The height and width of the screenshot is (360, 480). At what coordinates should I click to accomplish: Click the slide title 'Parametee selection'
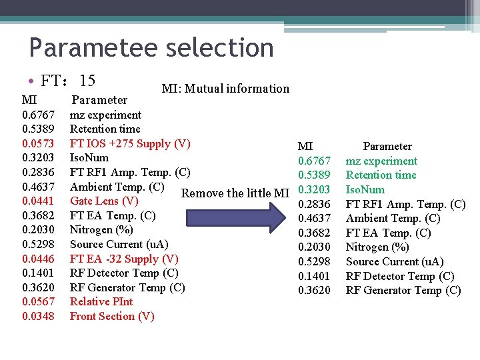tap(151, 48)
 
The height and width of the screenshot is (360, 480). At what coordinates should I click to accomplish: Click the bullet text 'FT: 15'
tap(67, 81)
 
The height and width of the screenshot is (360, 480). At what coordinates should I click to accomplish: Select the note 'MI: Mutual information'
tap(225, 89)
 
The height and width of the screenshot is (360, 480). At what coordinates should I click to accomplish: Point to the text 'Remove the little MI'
tap(235, 193)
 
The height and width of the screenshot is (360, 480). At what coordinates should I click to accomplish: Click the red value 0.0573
tap(38, 143)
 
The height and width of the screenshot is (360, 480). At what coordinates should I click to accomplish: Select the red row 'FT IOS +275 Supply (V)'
tap(130, 143)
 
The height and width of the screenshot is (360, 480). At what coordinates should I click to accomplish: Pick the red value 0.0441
tap(38, 201)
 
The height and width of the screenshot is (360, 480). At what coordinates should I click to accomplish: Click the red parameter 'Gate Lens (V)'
tap(104, 201)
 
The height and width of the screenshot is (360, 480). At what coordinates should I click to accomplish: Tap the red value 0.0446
tap(38, 259)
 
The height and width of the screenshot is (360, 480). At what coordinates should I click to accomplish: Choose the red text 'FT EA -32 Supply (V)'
tap(124, 259)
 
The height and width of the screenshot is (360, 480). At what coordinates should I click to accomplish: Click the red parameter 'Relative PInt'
tap(101, 301)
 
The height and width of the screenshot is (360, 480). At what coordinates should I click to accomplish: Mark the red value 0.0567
tap(38, 301)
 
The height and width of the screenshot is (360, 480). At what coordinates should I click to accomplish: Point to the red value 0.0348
tap(38, 316)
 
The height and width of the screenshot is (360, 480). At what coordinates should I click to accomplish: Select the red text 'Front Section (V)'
tap(112, 316)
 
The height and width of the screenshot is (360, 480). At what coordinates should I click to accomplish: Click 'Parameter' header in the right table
tap(387, 146)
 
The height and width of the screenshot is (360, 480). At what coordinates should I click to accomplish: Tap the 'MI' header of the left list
tap(29, 100)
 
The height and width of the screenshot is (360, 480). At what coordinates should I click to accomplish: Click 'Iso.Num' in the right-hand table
tap(365, 189)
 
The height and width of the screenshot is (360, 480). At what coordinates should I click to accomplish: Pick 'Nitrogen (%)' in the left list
tap(101, 229)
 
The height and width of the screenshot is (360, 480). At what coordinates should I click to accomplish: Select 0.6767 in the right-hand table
tap(314, 161)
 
